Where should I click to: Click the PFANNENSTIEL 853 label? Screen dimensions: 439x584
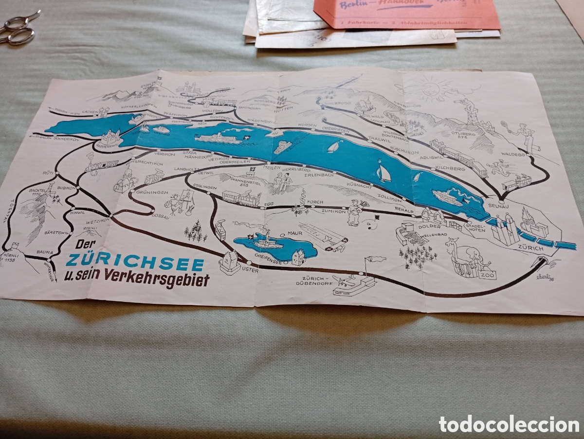(244, 182)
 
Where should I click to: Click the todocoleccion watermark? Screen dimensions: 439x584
(509, 424)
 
